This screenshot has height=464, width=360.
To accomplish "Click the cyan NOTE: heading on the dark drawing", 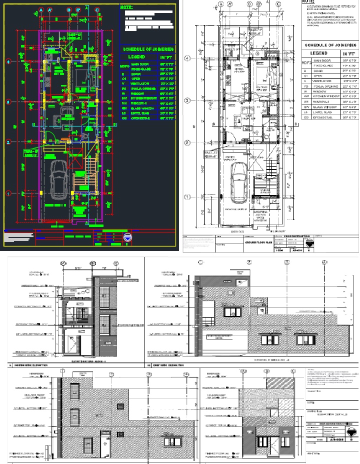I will [127, 7].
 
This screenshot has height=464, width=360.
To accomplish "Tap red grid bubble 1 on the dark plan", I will [8, 192].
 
